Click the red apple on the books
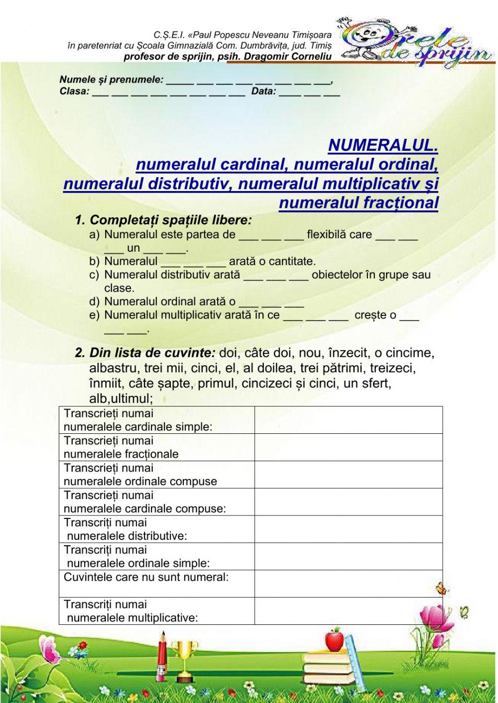335,640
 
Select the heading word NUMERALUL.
383,145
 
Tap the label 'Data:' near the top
263,92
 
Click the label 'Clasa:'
74,92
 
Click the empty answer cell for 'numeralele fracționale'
348,447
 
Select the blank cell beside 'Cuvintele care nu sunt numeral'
348,584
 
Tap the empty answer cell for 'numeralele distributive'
348,529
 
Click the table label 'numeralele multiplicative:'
132,618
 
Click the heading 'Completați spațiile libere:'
170,220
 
